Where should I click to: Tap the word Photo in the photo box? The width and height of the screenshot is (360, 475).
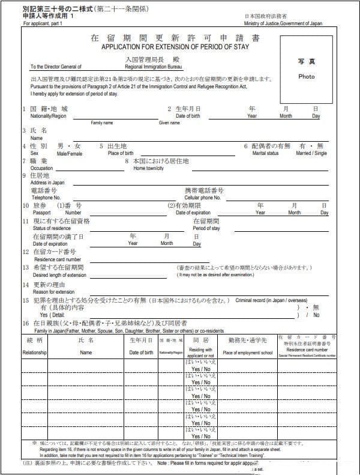[x=306, y=76]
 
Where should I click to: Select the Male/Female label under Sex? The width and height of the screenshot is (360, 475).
[x=70, y=154]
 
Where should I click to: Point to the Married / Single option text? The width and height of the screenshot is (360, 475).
[x=311, y=154]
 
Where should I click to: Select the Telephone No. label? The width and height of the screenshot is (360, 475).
[x=46, y=197]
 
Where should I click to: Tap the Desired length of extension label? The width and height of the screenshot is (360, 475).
[x=59, y=274]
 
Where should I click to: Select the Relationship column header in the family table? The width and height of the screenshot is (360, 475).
[x=34, y=352]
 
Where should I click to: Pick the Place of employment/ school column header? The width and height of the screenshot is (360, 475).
[x=248, y=352]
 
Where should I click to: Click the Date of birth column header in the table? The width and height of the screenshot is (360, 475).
[x=142, y=352]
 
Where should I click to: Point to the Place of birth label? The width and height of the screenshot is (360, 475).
[x=121, y=154]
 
